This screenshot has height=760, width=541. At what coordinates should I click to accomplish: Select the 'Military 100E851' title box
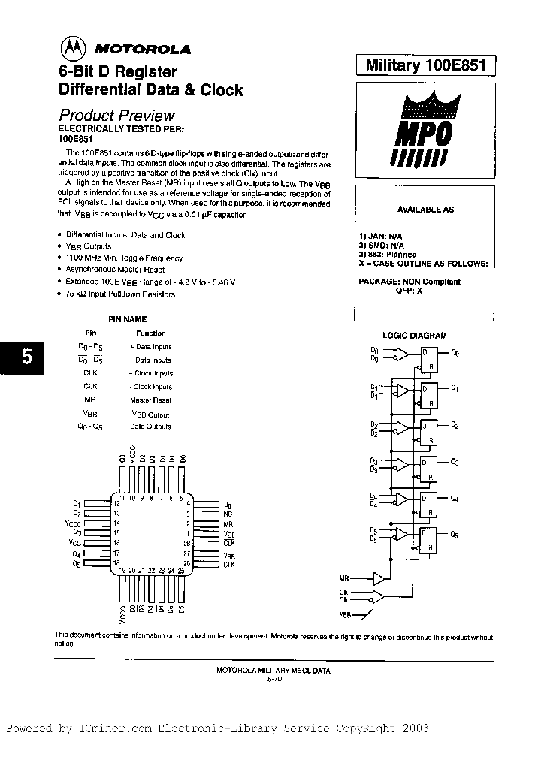(426, 65)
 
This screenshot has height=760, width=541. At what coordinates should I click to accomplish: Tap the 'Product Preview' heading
(116, 116)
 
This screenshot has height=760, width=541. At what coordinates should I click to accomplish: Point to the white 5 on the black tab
(26, 357)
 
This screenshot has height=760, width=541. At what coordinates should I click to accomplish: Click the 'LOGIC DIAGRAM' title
(414, 336)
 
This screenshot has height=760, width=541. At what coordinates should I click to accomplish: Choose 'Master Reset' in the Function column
(150, 400)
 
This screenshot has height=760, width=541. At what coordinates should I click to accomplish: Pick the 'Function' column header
(150, 333)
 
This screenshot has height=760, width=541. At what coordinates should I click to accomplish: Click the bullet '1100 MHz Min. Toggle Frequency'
(124, 258)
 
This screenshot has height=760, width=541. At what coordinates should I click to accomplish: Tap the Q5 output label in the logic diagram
(454, 535)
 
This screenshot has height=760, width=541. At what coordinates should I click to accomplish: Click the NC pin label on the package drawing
(227, 514)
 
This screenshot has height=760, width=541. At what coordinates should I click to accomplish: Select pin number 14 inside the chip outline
(116, 523)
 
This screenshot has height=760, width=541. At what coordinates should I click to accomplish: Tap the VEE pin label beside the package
(228, 533)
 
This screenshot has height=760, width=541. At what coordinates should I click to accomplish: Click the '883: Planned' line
(388, 255)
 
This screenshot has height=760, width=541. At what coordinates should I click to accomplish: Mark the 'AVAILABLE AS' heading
(425, 210)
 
